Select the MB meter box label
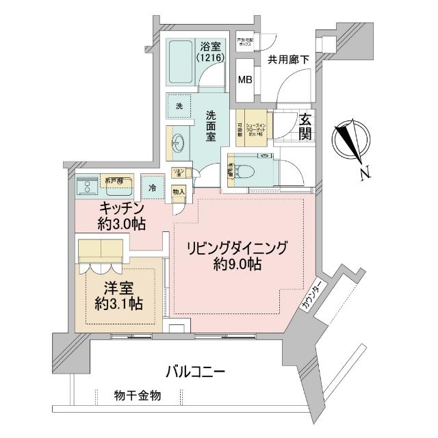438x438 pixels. click(x=244, y=79)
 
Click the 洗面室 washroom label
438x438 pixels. click(x=214, y=125)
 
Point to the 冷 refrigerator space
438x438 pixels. click(x=152, y=186)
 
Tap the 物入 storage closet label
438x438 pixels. click(x=179, y=192)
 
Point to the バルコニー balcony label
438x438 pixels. click(x=195, y=372)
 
